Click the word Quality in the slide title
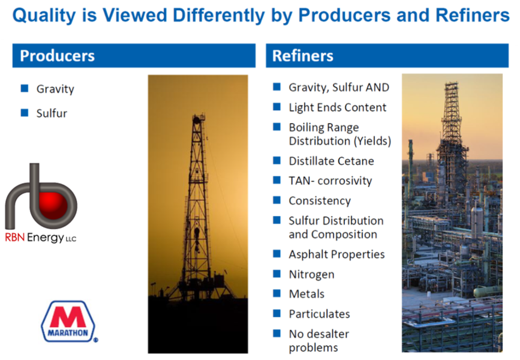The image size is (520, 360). [44, 16]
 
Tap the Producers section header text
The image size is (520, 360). [58, 56]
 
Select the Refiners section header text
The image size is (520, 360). [303, 56]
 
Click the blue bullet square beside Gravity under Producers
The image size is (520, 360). [25, 88]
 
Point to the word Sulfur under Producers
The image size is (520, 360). [52, 113]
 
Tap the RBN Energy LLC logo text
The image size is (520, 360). [40, 238]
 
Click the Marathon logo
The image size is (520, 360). [69, 322]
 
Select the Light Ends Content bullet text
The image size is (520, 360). [338, 107]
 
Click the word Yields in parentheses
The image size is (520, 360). [372, 141]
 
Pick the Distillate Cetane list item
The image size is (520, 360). [331, 161]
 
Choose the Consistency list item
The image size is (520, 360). [320, 201]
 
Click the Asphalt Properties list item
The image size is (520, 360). [336, 254]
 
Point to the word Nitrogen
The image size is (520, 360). [311, 275]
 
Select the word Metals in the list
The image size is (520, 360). [306, 294]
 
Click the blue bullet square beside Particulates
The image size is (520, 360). [276, 313]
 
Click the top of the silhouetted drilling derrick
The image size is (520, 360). [199, 115]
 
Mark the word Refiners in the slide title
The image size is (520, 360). [472, 16]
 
